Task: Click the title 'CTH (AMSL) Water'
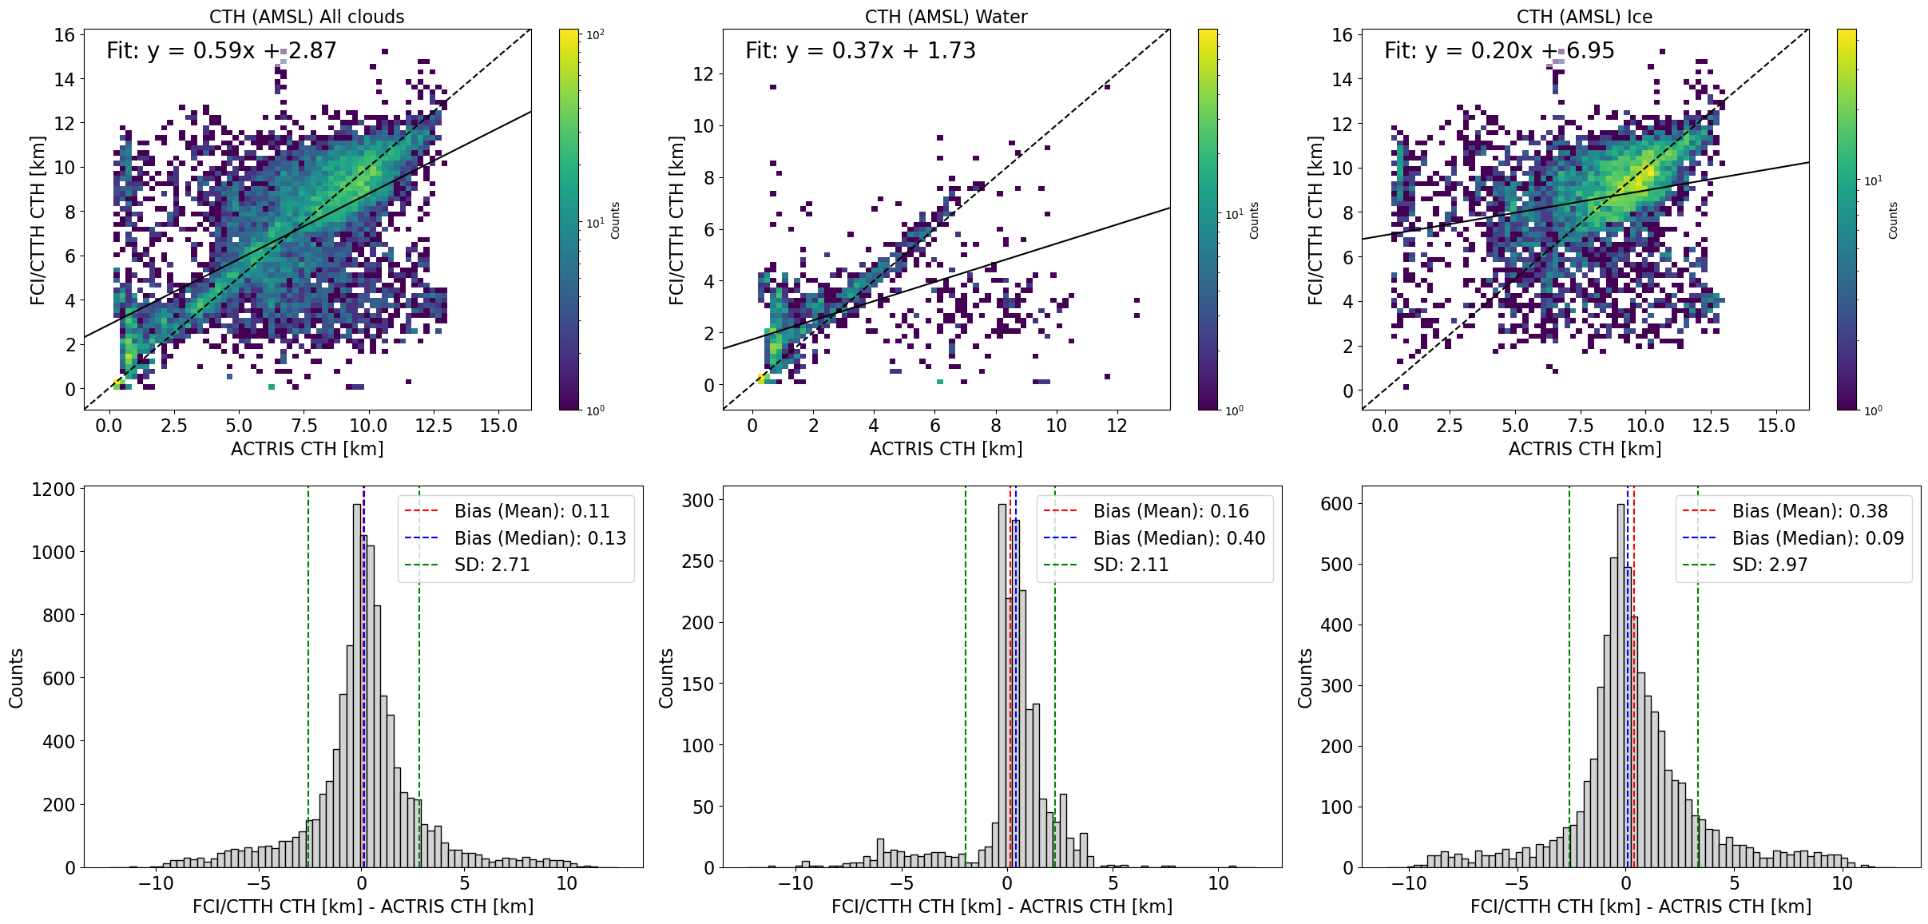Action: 946,16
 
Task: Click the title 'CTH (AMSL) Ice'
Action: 1585,16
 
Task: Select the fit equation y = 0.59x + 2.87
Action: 221,51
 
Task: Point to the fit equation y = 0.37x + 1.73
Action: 860,51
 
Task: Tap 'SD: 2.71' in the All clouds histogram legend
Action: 492,565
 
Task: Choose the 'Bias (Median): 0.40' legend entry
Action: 1179,538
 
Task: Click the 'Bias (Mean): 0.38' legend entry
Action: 1810,511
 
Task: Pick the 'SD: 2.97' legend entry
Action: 1770,565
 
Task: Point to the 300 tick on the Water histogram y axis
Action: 697,500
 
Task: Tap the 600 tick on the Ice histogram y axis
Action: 1336,503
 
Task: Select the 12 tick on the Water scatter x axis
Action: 1117,426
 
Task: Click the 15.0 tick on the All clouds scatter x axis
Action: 498,426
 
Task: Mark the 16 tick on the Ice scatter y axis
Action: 1342,34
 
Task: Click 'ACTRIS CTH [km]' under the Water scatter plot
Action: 946,449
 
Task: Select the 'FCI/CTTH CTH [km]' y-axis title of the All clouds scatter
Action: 37,220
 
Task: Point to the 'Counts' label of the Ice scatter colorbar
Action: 1892,220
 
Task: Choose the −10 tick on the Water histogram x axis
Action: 795,883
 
